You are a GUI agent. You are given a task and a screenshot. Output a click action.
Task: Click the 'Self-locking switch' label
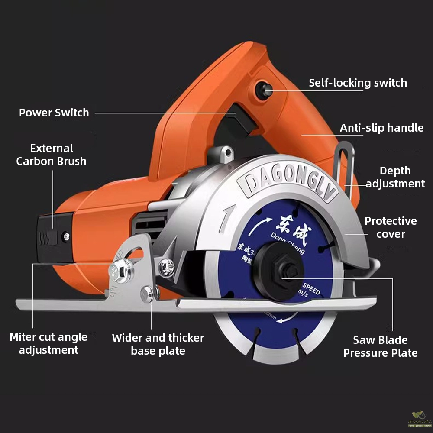(358, 83)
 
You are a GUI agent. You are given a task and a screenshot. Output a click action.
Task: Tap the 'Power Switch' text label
(54, 113)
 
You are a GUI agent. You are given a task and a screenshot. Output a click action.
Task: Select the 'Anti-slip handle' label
(381, 128)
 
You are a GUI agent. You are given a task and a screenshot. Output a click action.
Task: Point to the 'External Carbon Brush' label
(51, 155)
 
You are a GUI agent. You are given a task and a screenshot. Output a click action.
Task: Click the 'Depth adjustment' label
(395, 177)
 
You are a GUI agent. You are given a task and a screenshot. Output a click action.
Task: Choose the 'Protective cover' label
(391, 227)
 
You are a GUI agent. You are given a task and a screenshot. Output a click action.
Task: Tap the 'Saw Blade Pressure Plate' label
(380, 346)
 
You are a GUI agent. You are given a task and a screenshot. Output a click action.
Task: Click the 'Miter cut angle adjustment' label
(48, 343)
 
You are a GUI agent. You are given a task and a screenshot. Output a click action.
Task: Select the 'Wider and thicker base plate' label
(158, 344)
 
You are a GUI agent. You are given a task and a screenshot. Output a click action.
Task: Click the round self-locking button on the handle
(263, 90)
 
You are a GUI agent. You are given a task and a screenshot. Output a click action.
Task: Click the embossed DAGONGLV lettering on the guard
(288, 186)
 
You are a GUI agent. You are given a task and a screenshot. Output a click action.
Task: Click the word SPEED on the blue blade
(311, 290)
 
